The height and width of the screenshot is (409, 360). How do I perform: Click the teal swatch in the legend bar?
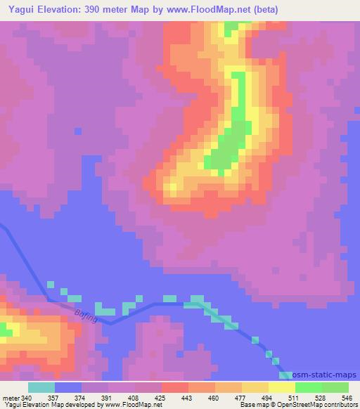41,387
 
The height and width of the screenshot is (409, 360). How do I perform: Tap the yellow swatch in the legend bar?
282,387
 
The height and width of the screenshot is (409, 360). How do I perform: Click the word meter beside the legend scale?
11,397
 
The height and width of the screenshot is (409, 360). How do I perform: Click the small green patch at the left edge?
5,330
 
